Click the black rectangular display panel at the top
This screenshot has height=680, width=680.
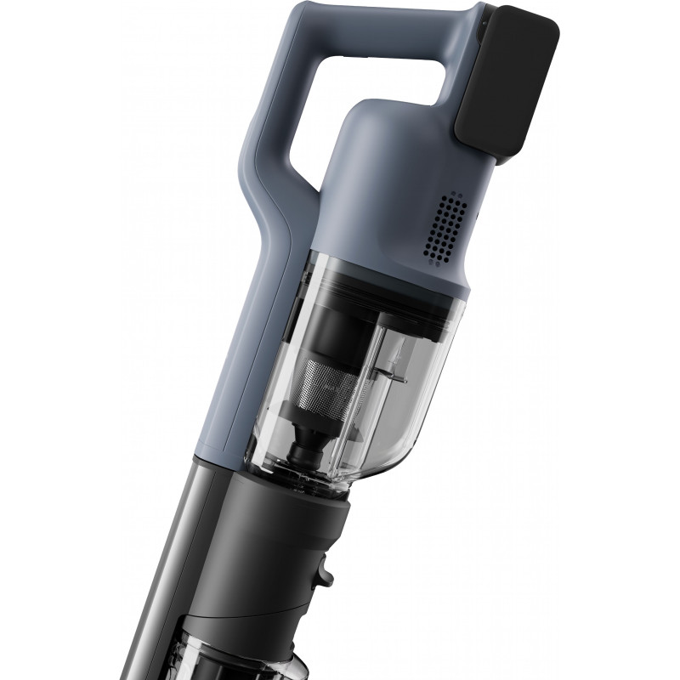coord(507,82)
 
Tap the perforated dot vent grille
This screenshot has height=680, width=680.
coord(445,225)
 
